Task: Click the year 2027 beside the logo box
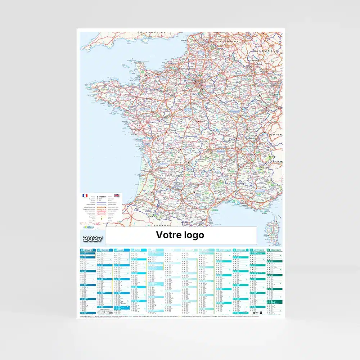coord(93,238)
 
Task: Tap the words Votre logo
coord(180,235)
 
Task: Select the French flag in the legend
coord(85,195)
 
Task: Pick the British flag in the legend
coord(117,195)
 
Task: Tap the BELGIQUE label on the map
coord(229,42)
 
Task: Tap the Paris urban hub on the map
coord(197,84)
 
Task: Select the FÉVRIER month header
coord(105,250)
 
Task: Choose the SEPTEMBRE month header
coord(224,250)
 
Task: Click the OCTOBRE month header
coord(241,250)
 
